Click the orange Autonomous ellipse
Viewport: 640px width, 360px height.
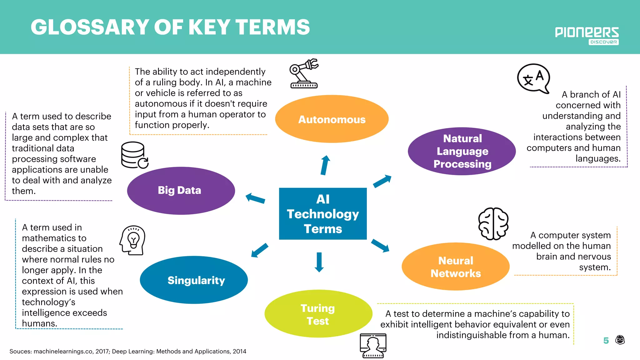point(332,119)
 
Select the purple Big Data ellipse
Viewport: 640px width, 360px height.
point(181,191)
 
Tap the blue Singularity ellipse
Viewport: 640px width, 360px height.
point(194,280)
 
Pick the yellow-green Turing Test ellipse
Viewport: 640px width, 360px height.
point(318,314)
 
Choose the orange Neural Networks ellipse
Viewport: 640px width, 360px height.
point(455,267)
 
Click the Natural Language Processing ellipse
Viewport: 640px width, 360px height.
point(462,151)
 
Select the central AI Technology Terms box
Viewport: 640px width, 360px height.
point(323,214)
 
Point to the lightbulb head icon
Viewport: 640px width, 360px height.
point(132,240)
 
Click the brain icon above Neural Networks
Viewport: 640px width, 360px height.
point(493,223)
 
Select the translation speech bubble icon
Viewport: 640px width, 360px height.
point(533,78)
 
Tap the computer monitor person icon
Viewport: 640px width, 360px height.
point(373,345)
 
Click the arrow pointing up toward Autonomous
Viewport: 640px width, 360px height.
point(325,165)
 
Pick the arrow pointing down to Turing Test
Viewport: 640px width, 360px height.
point(319,262)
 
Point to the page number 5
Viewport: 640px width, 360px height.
point(606,341)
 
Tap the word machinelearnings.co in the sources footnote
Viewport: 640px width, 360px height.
point(63,352)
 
